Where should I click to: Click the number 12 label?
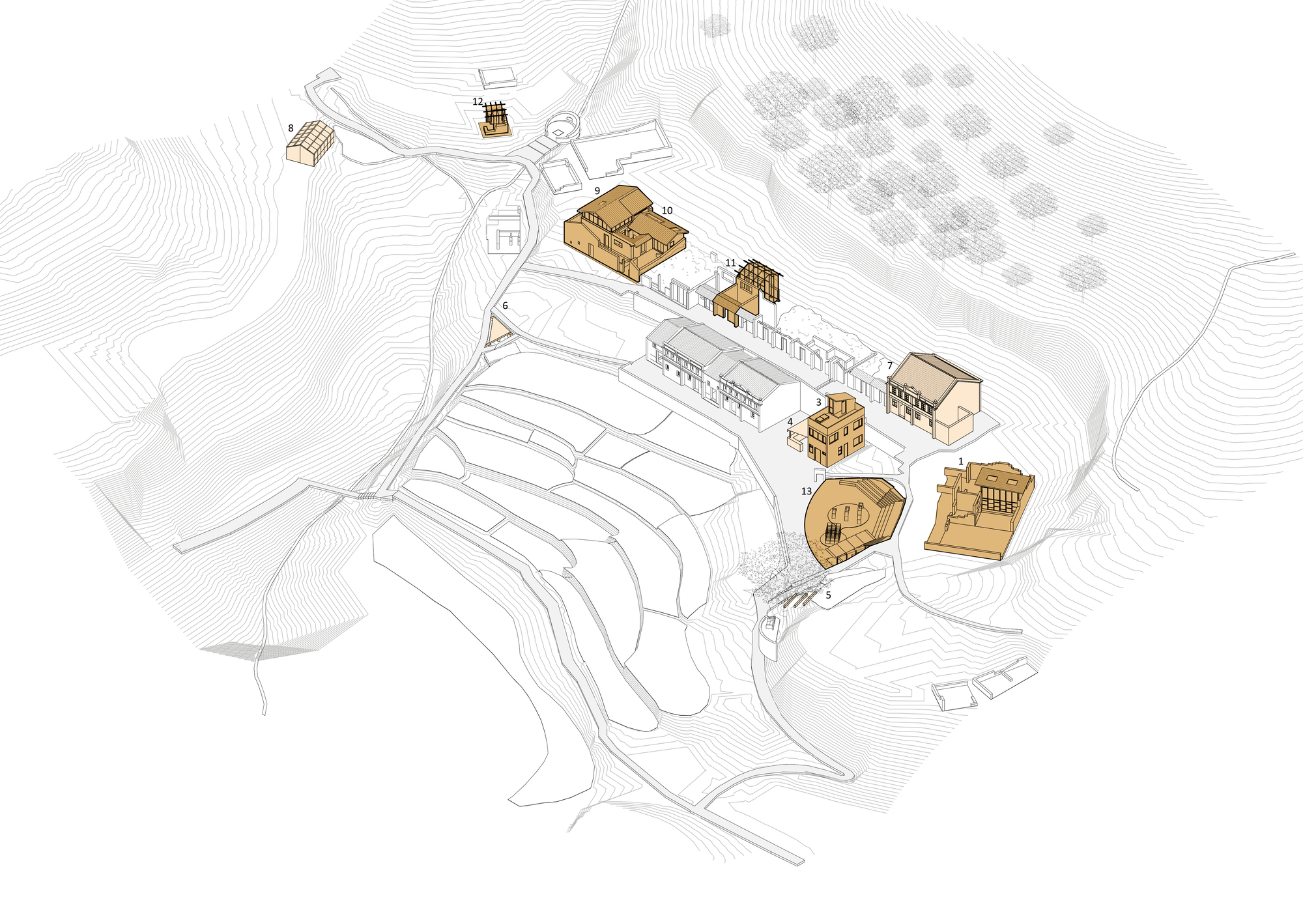point(478,102)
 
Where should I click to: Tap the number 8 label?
point(291,128)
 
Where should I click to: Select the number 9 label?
point(597,191)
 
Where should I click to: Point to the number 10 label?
point(666,210)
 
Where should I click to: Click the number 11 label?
point(730,263)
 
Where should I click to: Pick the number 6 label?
point(505,305)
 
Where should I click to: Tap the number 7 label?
point(890,365)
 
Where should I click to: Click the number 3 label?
point(818,402)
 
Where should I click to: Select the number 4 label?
point(790,422)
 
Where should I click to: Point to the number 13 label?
point(807,491)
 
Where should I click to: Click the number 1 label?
point(960,461)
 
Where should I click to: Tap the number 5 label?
point(828,595)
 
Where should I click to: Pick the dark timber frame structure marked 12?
point(496,121)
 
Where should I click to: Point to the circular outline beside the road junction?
point(561,125)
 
